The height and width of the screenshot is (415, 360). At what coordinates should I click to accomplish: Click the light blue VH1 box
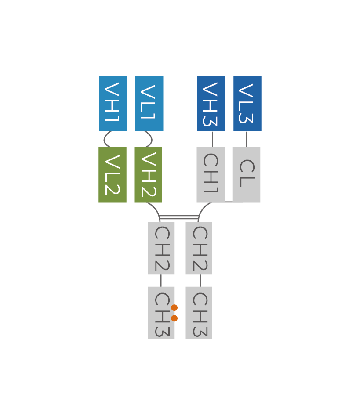pyautogui.click(x=113, y=103)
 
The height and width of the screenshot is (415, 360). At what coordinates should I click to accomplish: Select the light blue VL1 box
pyautogui.click(x=149, y=103)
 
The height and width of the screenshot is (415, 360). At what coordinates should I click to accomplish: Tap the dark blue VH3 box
pyautogui.click(x=211, y=103)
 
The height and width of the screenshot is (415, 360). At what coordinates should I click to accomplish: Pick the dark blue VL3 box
pyautogui.click(x=247, y=103)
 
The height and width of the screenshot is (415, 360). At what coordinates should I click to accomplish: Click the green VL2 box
pyautogui.click(x=113, y=175)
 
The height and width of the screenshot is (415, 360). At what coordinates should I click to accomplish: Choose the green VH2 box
pyautogui.click(x=148, y=175)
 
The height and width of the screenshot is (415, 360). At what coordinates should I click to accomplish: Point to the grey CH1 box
pyautogui.click(x=211, y=175)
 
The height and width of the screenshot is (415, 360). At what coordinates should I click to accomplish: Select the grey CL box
pyautogui.click(x=246, y=175)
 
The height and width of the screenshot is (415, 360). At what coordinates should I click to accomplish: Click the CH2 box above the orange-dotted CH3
pyautogui.click(x=161, y=248)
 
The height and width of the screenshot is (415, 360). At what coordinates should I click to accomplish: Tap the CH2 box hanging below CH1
pyautogui.click(x=199, y=248)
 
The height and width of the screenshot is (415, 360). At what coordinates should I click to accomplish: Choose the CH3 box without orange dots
pyautogui.click(x=199, y=313)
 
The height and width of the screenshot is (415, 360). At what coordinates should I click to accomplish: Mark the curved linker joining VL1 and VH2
pyautogui.click(x=152, y=139)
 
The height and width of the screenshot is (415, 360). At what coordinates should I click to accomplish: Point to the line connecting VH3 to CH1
pyautogui.click(x=212, y=139)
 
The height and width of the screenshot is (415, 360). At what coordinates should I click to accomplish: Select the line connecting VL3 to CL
pyautogui.click(x=246, y=139)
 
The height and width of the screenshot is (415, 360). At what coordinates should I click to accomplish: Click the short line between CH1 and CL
pyautogui.click(x=228, y=202)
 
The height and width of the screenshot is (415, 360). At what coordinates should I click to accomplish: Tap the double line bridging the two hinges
pyautogui.click(x=179, y=217)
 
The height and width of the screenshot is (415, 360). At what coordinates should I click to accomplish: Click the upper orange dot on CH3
pyautogui.click(x=175, y=307)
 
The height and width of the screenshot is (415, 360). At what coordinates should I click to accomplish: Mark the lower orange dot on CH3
pyautogui.click(x=175, y=318)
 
